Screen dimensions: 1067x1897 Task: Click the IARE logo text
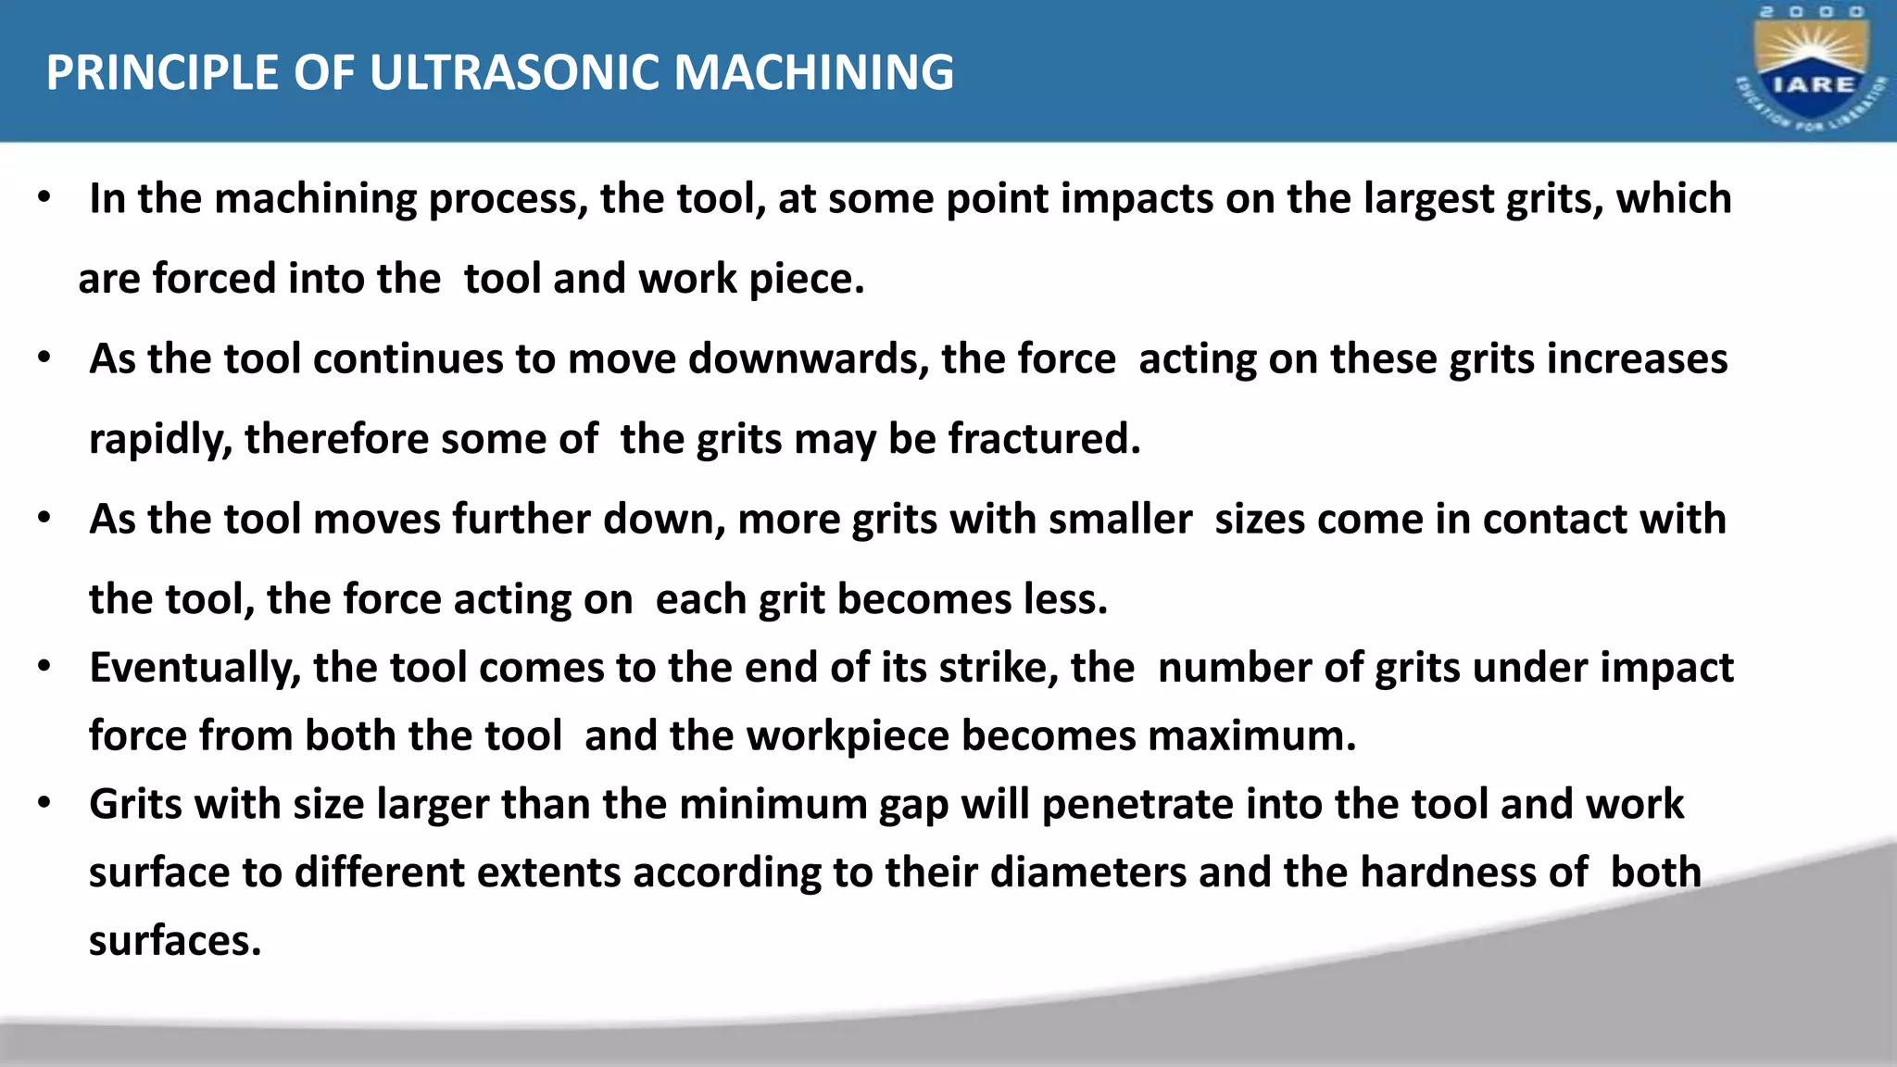click(x=1813, y=84)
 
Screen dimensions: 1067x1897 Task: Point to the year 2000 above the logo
click(x=1812, y=12)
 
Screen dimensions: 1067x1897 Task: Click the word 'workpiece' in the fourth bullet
click(x=848, y=736)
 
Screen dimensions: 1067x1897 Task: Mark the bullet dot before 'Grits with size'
click(x=44, y=803)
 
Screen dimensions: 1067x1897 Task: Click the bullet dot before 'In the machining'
click(x=44, y=197)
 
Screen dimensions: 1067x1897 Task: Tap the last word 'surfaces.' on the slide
click(x=175, y=941)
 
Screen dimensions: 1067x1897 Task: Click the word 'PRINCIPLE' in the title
click(x=162, y=72)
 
